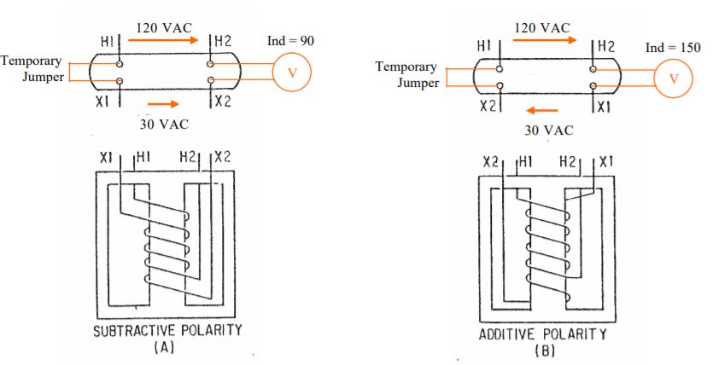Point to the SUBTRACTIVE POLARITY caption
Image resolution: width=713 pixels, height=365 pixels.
pyautogui.click(x=167, y=330)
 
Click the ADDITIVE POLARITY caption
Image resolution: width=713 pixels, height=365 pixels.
pyautogui.click(x=543, y=334)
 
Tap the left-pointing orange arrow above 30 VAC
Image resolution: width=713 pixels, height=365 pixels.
pyautogui.click(x=541, y=110)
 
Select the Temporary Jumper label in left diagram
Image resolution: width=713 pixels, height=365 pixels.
pyautogui.click(x=32, y=68)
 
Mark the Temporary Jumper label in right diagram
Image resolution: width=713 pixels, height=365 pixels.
pyautogui.click(x=406, y=74)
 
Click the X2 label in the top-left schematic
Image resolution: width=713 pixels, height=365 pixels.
pyautogui.click(x=224, y=101)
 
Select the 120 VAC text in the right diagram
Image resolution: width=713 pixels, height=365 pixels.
pyautogui.click(x=542, y=27)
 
